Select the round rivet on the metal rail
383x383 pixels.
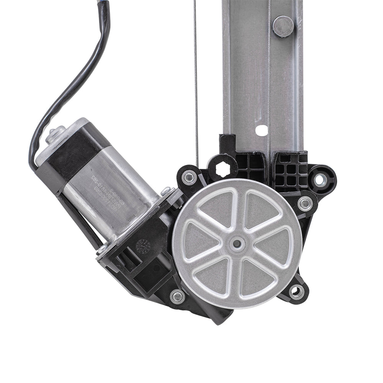(283, 26)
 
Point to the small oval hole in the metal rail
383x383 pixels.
(262, 130)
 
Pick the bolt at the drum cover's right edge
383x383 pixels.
(305, 203)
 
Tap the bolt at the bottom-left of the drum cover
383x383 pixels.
(177, 296)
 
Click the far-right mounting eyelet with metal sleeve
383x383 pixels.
(321, 179)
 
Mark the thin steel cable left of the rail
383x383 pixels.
(195, 77)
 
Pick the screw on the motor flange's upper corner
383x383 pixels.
(165, 190)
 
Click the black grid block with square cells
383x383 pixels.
(291, 169)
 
